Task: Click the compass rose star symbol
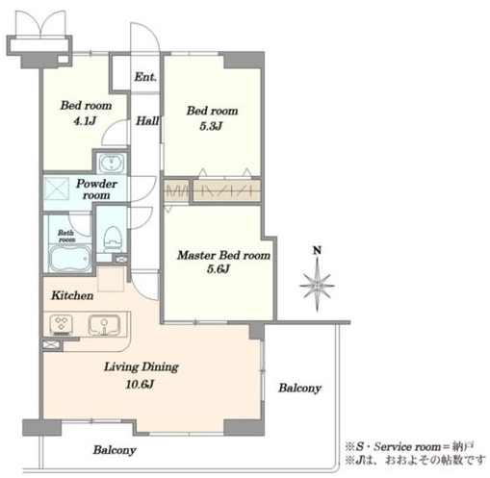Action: click(x=317, y=285)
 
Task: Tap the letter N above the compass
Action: click(x=317, y=250)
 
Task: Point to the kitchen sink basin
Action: click(x=104, y=325)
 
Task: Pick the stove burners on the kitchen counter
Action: click(x=61, y=325)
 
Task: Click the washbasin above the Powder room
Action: click(x=111, y=164)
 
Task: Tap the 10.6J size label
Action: click(x=140, y=384)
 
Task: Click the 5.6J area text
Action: click(x=219, y=268)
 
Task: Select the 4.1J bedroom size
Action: click(x=85, y=121)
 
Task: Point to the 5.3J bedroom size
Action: click(x=211, y=126)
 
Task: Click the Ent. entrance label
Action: click(x=145, y=77)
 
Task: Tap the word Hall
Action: click(x=147, y=121)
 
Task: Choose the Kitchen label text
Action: click(x=72, y=295)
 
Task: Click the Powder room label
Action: click(x=96, y=189)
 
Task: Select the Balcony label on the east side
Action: click(x=299, y=388)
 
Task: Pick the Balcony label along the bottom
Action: click(x=115, y=450)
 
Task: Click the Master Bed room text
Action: click(x=223, y=255)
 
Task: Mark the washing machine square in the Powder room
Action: click(x=57, y=189)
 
